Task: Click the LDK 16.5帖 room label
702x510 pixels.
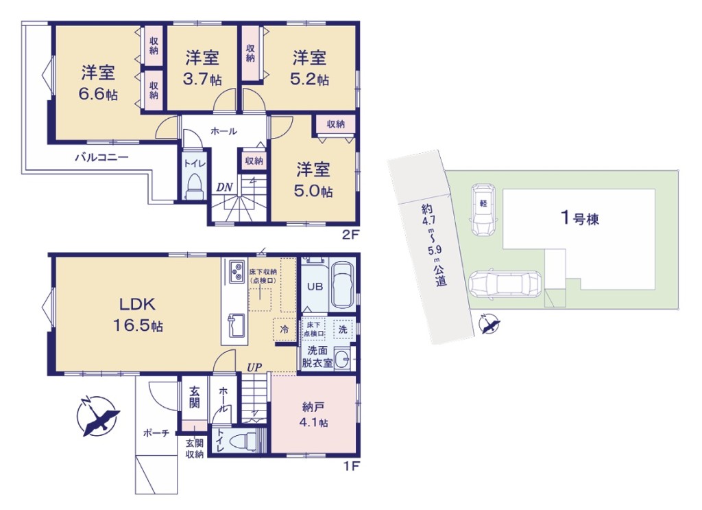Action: (137, 314)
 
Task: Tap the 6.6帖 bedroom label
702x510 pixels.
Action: (98, 83)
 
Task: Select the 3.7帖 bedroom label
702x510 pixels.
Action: (202, 68)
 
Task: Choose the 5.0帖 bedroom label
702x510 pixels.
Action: (313, 180)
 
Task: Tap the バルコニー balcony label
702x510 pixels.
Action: (101, 157)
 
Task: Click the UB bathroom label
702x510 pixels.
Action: (315, 286)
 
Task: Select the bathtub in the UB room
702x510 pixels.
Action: (343, 285)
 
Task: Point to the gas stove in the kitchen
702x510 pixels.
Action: (237, 271)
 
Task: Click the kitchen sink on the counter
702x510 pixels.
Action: (237, 325)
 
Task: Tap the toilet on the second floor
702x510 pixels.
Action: (195, 185)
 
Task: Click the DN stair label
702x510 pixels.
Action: (225, 187)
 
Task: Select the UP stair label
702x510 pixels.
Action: (254, 367)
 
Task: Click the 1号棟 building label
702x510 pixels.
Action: (580, 218)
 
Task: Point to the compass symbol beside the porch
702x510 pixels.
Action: (98, 417)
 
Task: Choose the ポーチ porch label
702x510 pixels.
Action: (156, 433)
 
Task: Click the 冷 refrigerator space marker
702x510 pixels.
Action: (284, 329)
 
